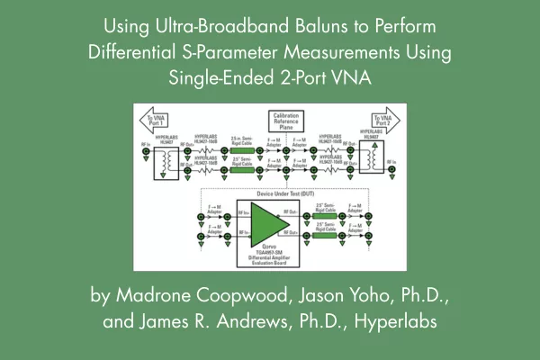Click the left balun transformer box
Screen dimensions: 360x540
pyautogui.click(x=170, y=158)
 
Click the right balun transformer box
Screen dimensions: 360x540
pyautogui.click(x=370, y=158)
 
